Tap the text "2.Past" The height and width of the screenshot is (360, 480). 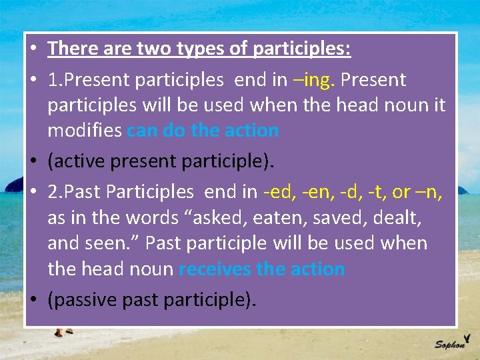(x=74, y=192)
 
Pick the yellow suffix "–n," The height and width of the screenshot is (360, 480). (x=429, y=192)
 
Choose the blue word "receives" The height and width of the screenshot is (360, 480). (x=215, y=269)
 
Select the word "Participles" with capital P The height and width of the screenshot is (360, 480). (x=151, y=192)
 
